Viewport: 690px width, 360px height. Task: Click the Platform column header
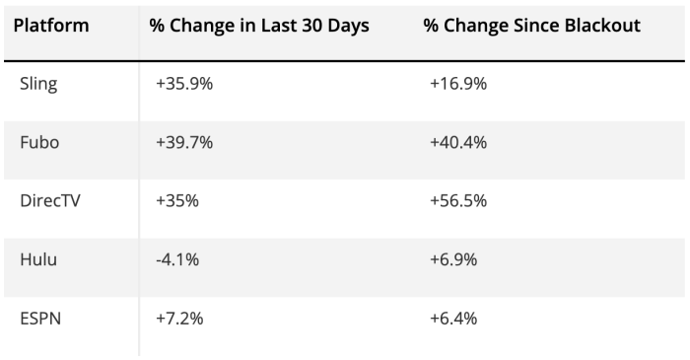pyautogui.click(x=51, y=25)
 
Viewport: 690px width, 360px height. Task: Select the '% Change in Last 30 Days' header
pyautogui.click(x=259, y=25)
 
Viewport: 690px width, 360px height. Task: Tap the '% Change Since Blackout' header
pyautogui.click(x=532, y=25)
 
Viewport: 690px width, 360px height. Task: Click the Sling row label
pyautogui.click(x=38, y=84)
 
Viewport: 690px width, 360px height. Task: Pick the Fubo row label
pyautogui.click(x=39, y=142)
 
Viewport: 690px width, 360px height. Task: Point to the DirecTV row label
pyautogui.click(x=50, y=200)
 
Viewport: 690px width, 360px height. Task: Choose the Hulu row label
pyautogui.click(x=38, y=259)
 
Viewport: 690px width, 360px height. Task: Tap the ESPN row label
pyautogui.click(x=40, y=319)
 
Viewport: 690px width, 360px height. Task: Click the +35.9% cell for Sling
pyautogui.click(x=184, y=84)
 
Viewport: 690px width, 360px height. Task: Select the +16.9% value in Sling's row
pyautogui.click(x=458, y=84)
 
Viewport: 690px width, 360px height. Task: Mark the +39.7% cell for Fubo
pyautogui.click(x=184, y=142)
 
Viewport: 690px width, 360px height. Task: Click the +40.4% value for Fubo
pyautogui.click(x=458, y=142)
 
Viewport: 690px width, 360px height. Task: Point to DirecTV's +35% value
pyautogui.click(x=177, y=200)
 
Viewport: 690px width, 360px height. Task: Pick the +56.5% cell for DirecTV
pyautogui.click(x=458, y=200)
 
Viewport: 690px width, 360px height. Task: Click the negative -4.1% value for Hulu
pyautogui.click(x=177, y=259)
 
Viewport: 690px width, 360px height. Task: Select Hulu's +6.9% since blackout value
pyautogui.click(x=453, y=259)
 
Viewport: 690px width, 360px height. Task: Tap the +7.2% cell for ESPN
pyautogui.click(x=179, y=319)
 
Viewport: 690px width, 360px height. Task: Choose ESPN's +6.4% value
pyautogui.click(x=453, y=319)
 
